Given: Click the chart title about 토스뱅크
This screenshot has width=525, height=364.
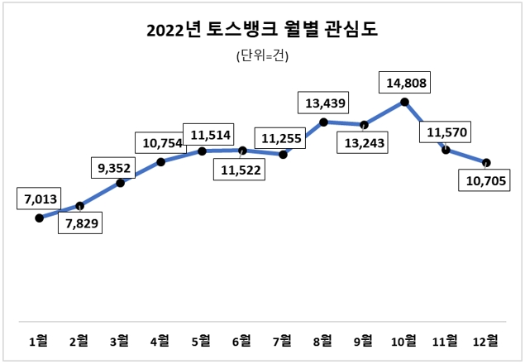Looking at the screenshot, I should point(262,31).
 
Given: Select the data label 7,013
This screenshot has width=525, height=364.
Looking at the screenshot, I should point(38,199).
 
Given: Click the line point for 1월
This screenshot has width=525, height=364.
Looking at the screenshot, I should point(39,218).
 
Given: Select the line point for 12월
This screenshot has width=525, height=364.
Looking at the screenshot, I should point(486,162).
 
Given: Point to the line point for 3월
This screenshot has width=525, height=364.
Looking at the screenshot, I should point(120,182).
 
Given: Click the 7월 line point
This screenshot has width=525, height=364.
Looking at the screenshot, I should point(284,155).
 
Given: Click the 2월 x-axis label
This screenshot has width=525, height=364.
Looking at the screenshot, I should point(79,340).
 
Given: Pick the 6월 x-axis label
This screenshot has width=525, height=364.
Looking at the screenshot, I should point(242,340).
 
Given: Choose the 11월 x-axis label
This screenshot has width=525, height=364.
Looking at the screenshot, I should point(445,340).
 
